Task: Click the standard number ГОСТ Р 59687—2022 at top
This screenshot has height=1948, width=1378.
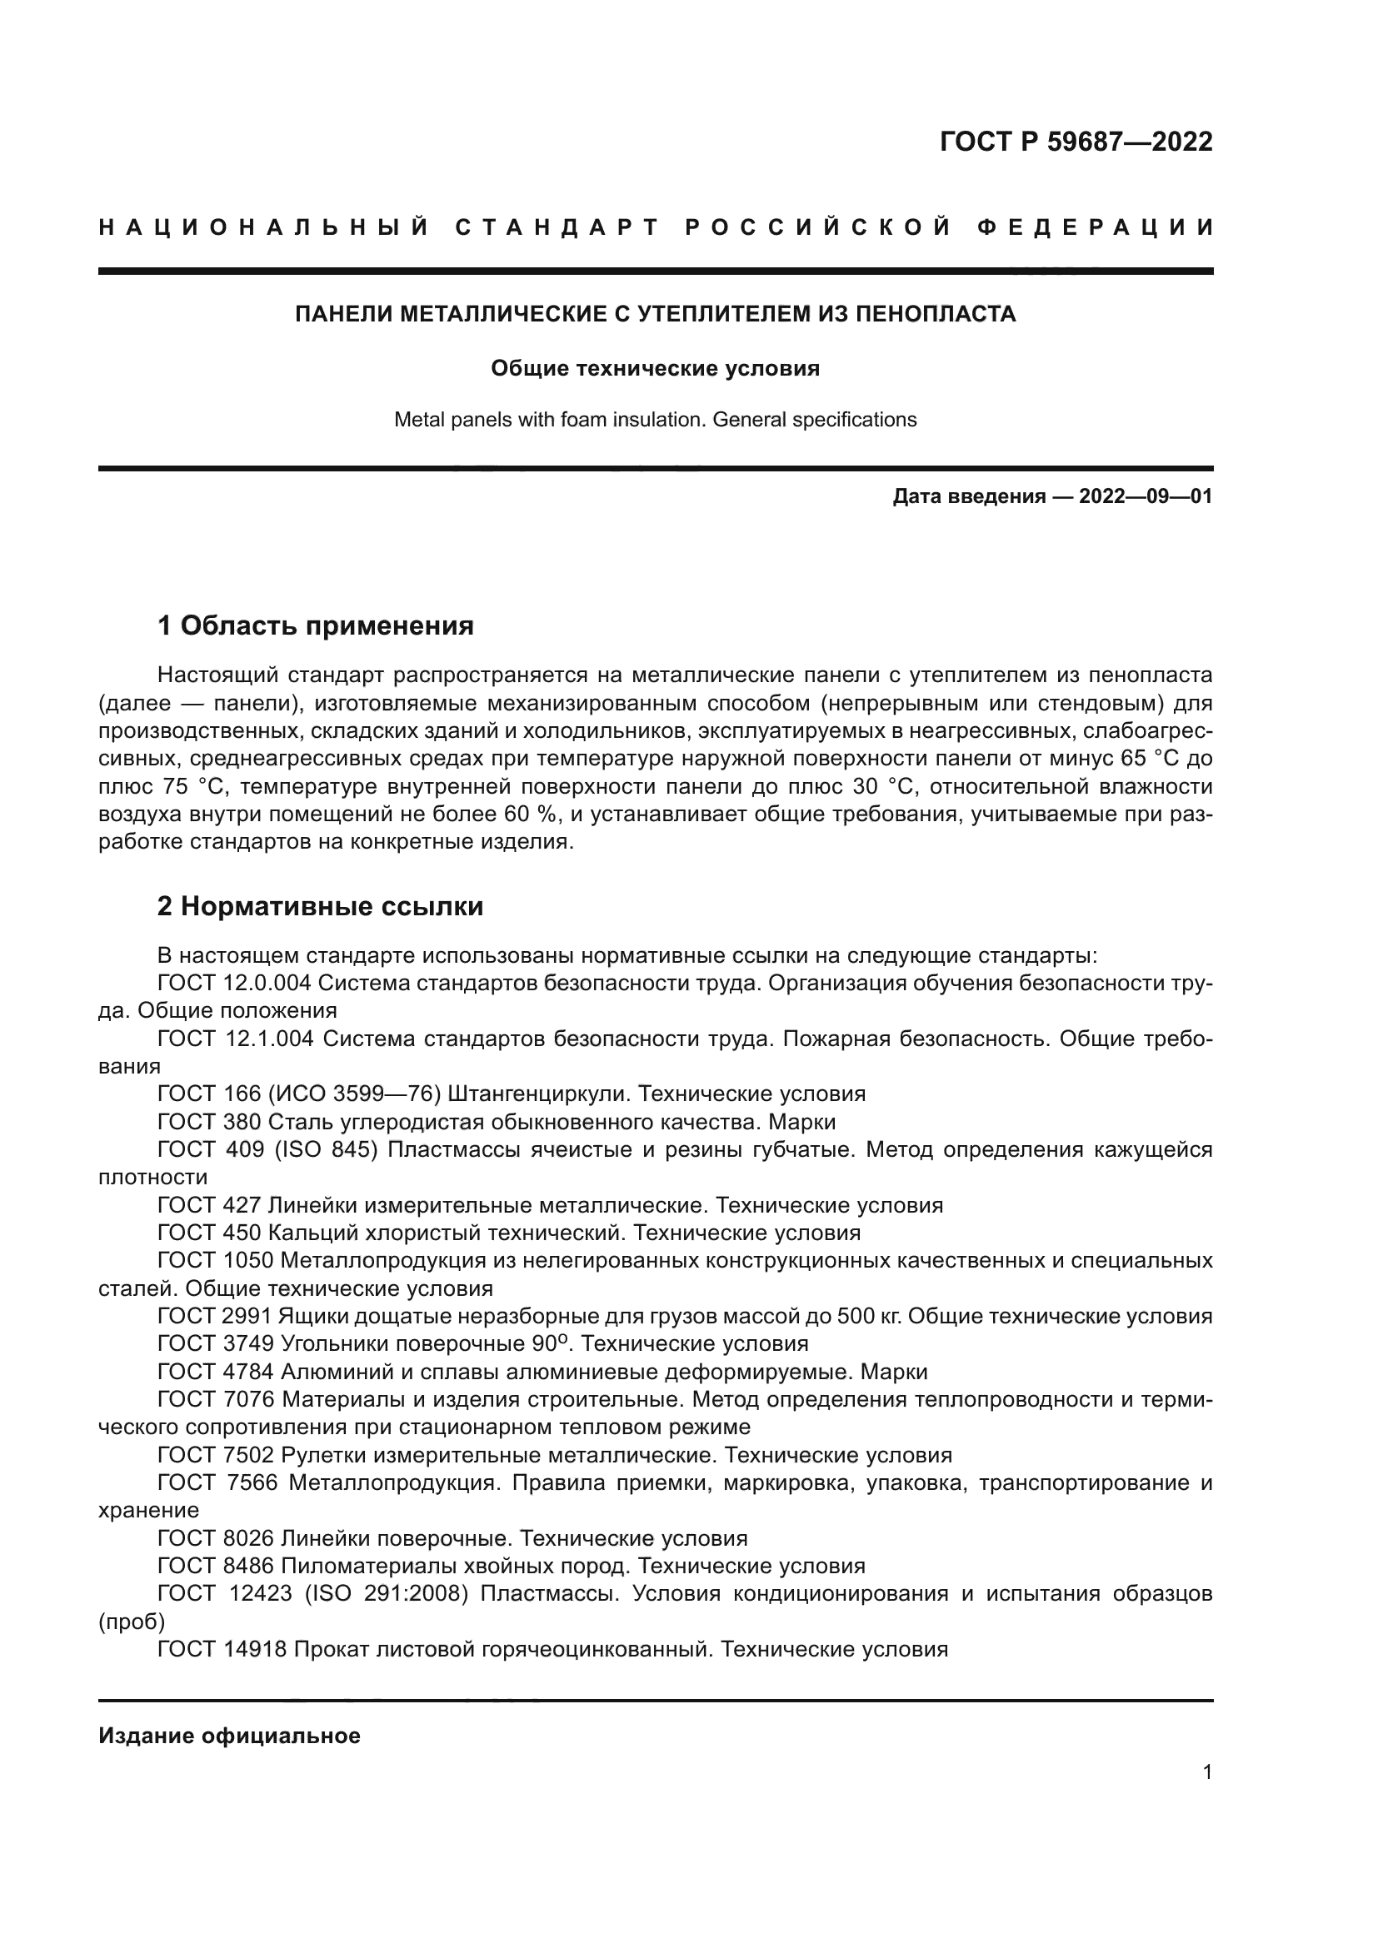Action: [1076, 142]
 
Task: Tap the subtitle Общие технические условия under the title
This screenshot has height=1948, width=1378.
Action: [655, 369]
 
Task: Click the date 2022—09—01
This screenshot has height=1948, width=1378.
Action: [1146, 497]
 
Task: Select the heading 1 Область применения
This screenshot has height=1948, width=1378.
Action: [315, 626]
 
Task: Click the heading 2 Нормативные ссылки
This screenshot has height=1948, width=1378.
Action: [320, 907]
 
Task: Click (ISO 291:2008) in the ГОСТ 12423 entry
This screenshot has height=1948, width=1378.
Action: [386, 1594]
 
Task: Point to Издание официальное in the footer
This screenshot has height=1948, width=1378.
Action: [229, 1736]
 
